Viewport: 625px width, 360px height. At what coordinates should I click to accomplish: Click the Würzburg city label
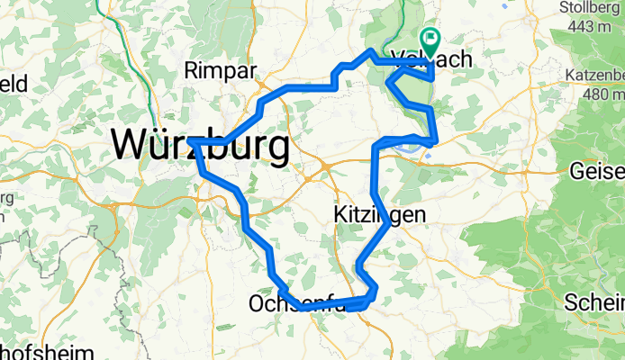click(200, 144)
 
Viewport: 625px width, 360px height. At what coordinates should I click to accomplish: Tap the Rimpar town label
click(220, 70)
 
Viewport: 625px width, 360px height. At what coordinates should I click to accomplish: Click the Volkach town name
click(433, 60)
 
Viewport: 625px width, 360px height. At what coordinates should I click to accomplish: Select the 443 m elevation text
click(593, 27)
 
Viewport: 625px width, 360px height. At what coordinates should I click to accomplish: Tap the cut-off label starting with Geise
click(597, 169)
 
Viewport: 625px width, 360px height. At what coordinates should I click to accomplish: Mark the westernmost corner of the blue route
click(191, 142)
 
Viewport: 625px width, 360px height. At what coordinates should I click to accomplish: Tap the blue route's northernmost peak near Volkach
click(371, 50)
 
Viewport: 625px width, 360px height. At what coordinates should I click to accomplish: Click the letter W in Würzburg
click(130, 144)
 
